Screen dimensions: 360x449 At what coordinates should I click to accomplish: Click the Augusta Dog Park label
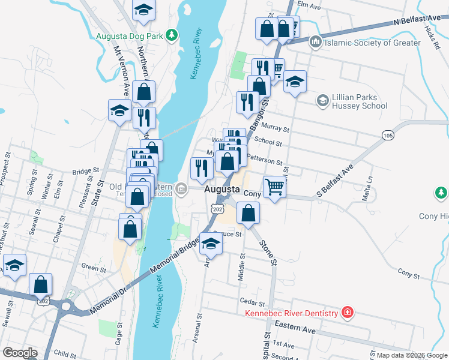tap(130, 36)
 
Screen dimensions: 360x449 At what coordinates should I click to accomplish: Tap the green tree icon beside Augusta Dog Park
tap(172, 35)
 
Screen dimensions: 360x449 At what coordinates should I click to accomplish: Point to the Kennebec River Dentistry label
tap(292, 313)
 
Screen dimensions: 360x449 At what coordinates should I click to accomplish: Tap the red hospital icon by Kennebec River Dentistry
tap(347, 312)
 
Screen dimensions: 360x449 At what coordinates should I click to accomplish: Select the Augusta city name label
tap(223, 189)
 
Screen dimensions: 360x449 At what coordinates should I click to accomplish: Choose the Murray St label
tap(277, 129)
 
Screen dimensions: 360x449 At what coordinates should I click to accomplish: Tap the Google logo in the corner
tap(20, 352)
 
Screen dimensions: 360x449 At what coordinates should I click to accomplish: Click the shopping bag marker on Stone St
tap(249, 212)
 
